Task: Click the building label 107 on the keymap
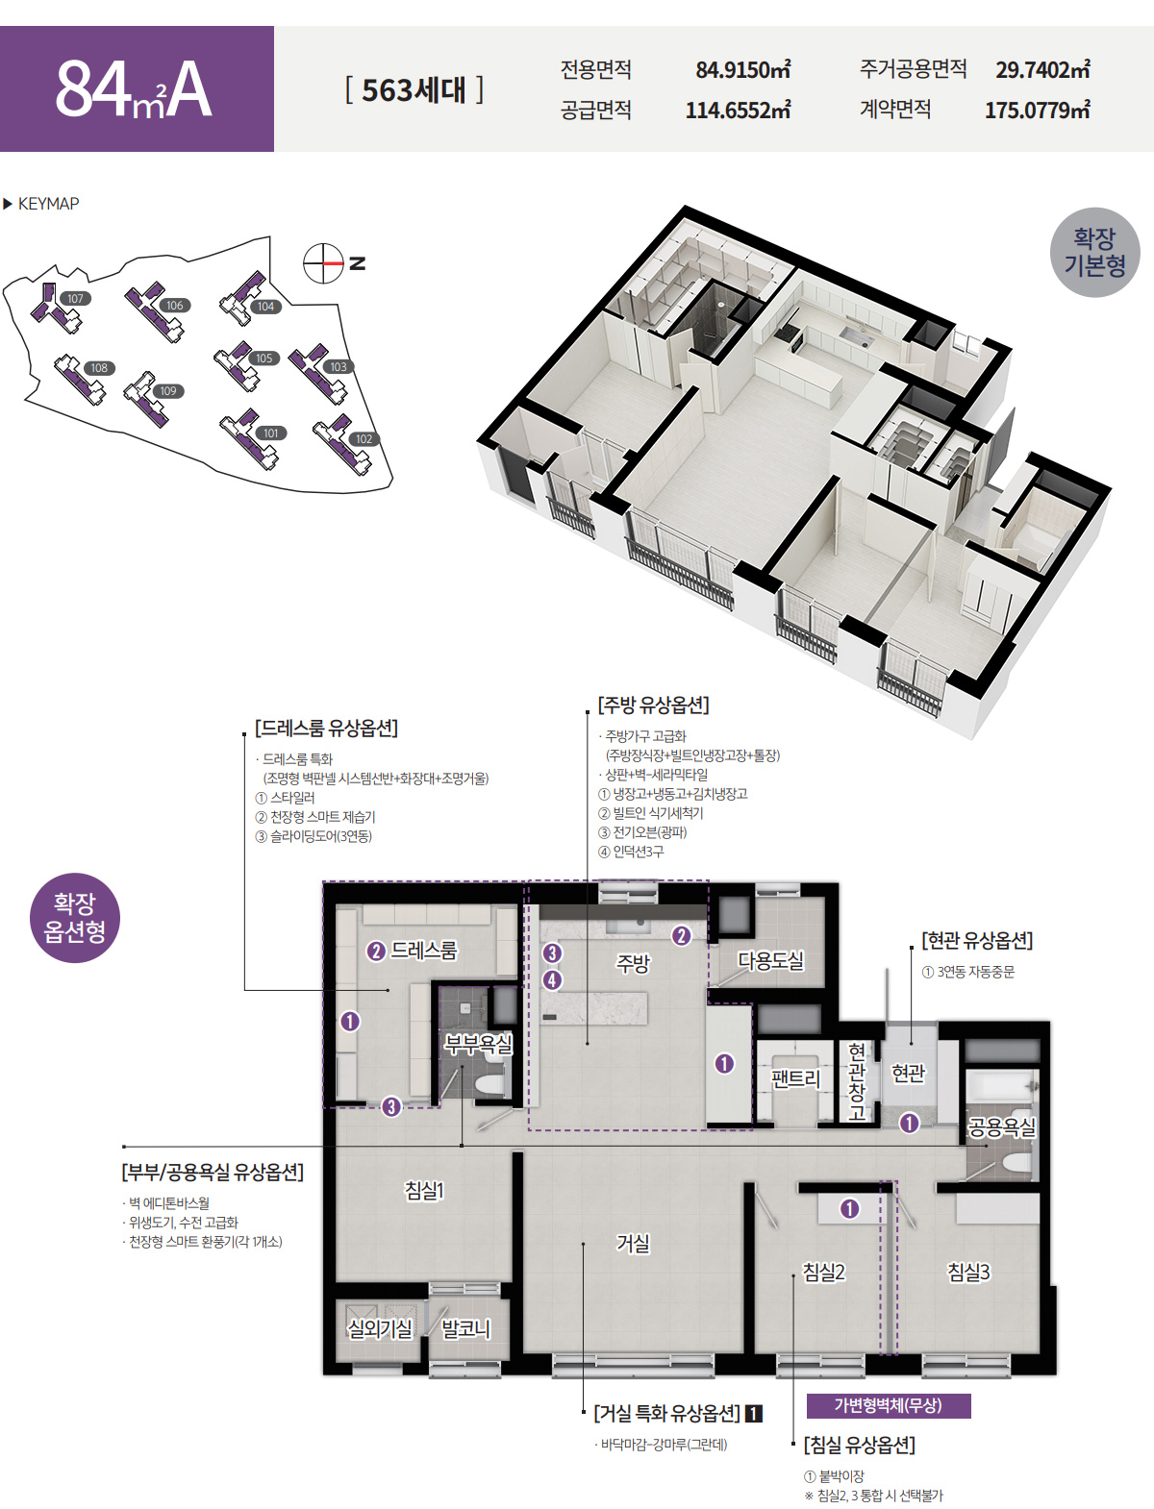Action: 75,298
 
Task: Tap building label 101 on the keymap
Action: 271,433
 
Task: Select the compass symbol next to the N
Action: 323,263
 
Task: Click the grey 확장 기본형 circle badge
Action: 1094,253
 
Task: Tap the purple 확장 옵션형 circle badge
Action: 75,918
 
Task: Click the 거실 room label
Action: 633,1243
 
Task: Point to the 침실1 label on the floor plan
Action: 424,1190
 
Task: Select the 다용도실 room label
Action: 770,960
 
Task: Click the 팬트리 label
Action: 795,1078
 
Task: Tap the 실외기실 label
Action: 380,1328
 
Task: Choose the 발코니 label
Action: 465,1328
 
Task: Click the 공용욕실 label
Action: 1001,1126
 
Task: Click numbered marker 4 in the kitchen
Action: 552,980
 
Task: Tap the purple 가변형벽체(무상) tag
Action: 889,1405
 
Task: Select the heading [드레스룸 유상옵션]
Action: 326,728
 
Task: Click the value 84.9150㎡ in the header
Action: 743,69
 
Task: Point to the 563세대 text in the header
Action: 414,90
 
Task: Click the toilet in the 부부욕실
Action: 489,1085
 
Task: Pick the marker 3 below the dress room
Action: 391,1107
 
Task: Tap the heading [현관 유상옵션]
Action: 977,940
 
